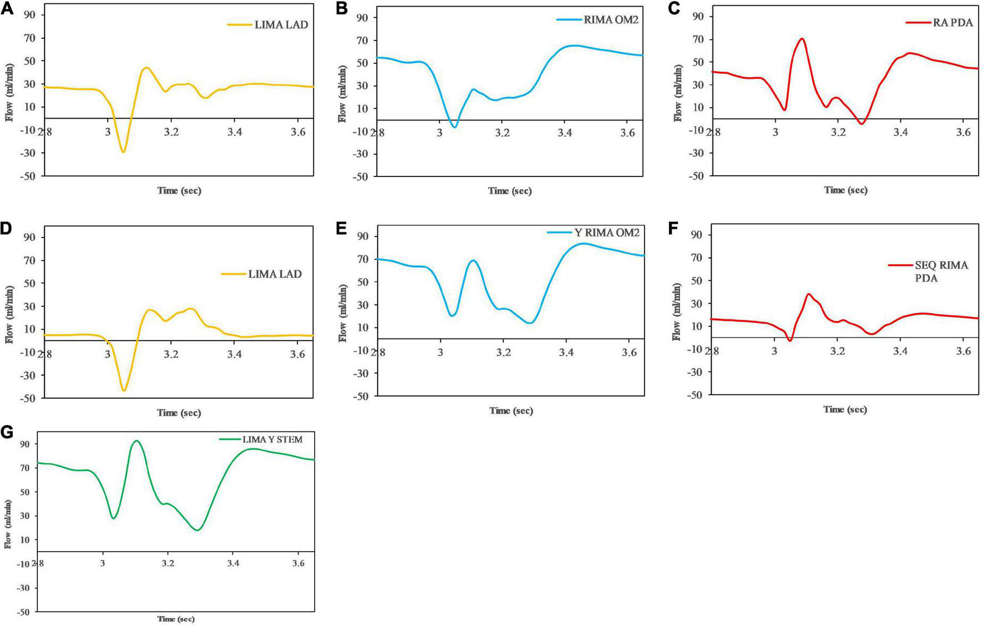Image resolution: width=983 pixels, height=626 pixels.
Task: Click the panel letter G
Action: tap(7, 432)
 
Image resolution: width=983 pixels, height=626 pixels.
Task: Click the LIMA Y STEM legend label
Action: tap(272, 440)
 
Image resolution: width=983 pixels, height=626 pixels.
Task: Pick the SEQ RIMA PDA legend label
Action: tap(941, 271)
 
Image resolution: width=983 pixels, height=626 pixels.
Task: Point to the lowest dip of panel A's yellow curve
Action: tap(123, 152)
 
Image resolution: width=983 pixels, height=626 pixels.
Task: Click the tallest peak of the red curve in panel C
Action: tap(802, 39)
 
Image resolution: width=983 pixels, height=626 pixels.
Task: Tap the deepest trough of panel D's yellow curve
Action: tap(124, 391)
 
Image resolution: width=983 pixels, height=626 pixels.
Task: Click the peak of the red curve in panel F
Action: tap(809, 294)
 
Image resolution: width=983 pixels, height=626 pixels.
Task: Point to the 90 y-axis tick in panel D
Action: tap(29, 238)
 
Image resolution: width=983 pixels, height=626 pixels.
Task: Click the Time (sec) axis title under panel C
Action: tap(845, 190)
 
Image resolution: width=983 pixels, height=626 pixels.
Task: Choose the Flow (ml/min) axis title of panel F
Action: tap(677, 313)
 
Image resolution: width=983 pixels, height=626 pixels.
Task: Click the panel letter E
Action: tap(341, 228)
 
